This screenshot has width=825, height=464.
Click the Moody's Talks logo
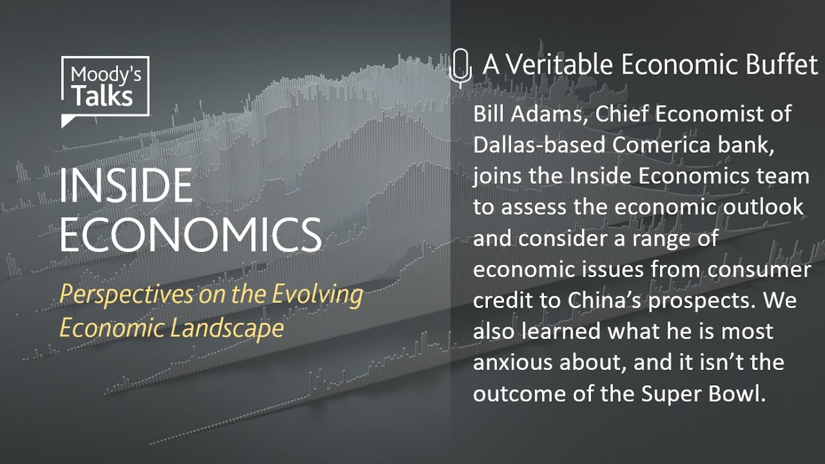105,88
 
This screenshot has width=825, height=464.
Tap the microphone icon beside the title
459,67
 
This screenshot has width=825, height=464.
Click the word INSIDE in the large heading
126,186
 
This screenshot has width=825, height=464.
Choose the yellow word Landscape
227,328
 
